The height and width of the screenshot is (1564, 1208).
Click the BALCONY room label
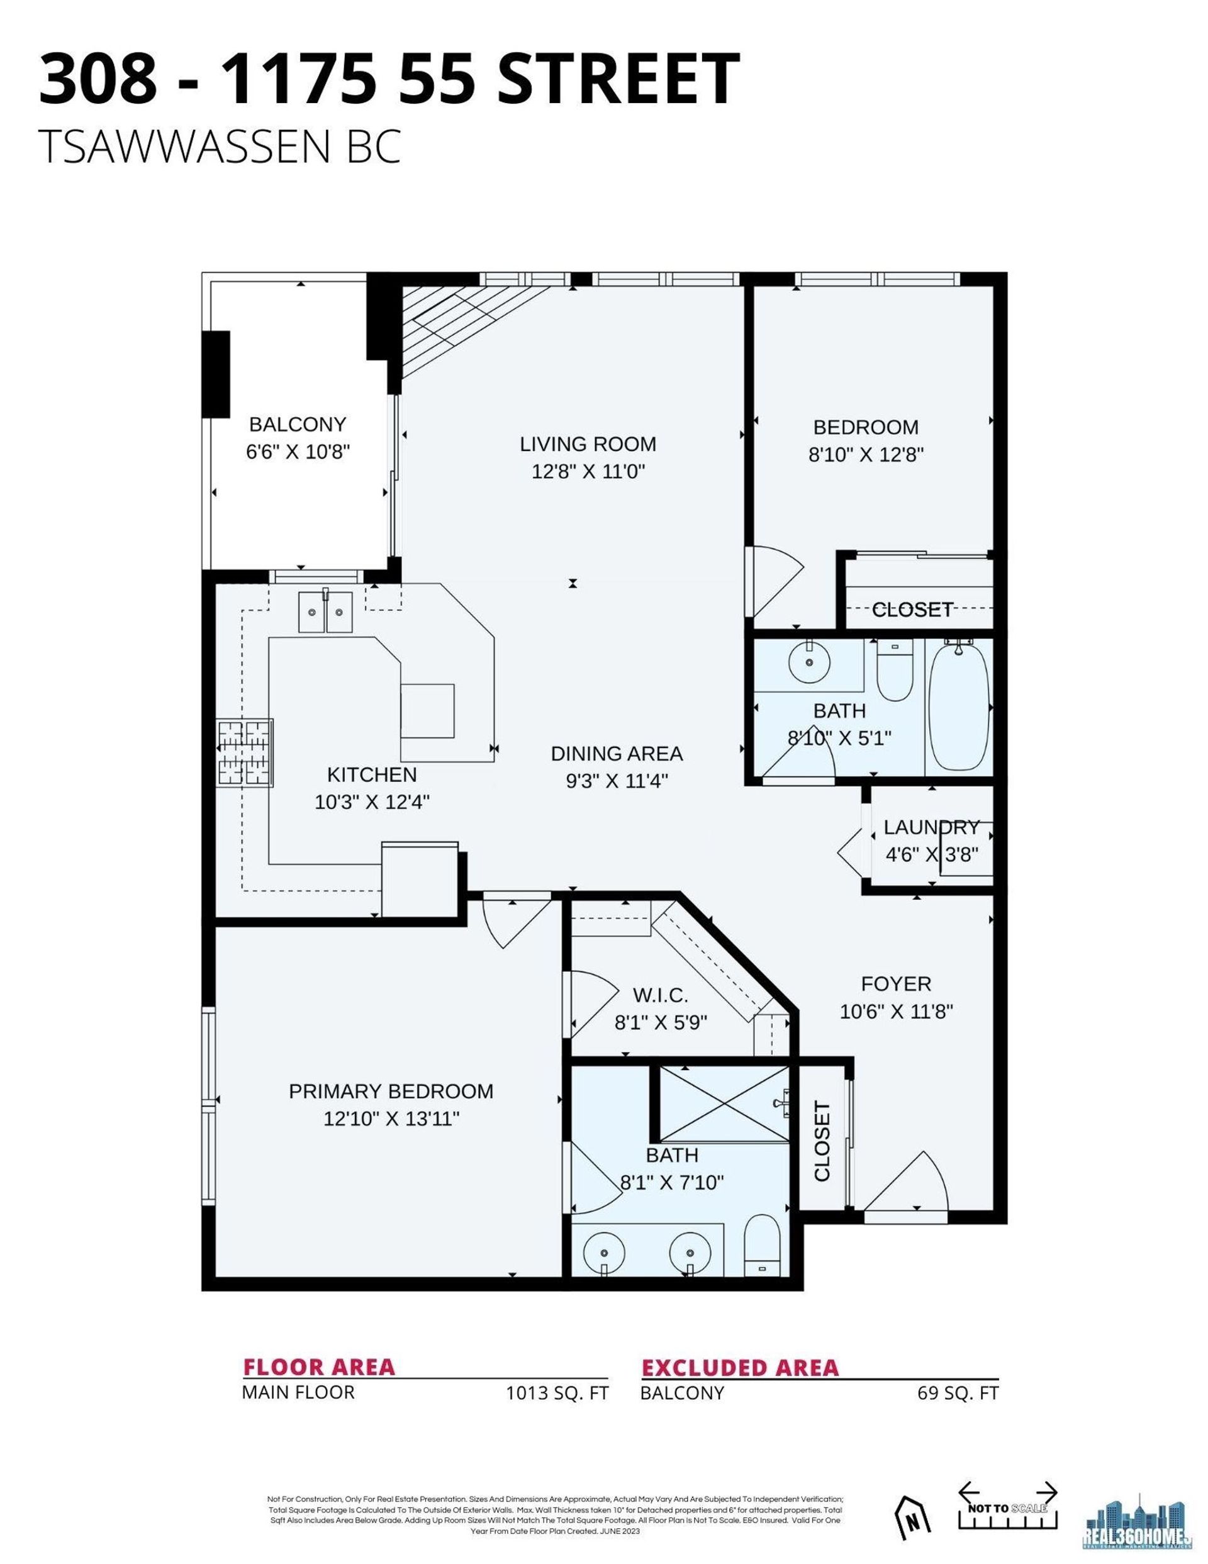(297, 425)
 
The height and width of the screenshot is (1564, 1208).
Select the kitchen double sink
(326, 612)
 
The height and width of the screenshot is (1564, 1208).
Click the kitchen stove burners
(245, 752)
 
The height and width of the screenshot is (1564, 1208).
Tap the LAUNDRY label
(931, 828)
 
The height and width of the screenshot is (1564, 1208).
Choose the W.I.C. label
(660, 995)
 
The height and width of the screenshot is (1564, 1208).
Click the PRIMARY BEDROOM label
(391, 1092)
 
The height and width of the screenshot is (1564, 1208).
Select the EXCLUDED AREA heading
(740, 1368)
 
